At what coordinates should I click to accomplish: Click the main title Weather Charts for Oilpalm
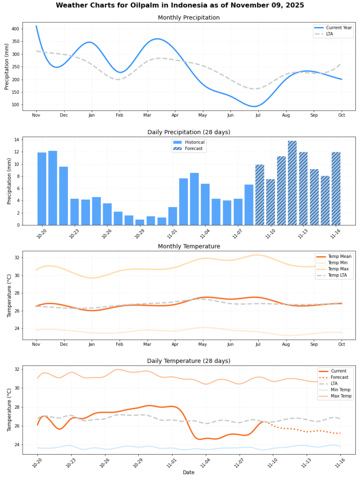(180, 5)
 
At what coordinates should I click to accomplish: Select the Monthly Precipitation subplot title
(188, 18)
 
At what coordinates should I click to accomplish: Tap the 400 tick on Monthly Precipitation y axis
(15, 29)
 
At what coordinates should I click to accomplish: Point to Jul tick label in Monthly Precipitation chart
(257, 115)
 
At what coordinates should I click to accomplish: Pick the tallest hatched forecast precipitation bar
(292, 183)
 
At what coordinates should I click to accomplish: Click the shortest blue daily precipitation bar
(140, 222)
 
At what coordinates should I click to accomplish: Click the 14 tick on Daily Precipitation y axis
(16, 140)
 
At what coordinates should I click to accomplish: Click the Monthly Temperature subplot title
(188, 247)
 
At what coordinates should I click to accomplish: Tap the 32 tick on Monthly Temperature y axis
(16, 258)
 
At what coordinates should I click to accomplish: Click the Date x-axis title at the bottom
(189, 472)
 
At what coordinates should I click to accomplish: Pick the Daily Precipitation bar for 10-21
(52, 188)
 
